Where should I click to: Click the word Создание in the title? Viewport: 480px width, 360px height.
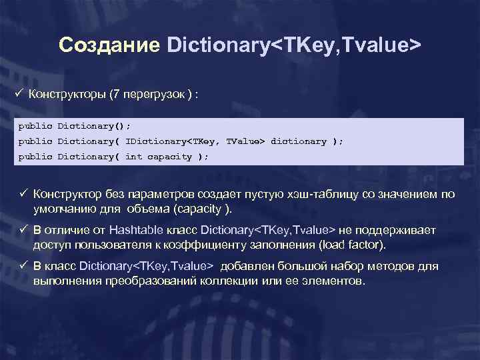[x=109, y=45]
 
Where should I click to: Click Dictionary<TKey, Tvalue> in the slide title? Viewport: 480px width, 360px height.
[x=293, y=45]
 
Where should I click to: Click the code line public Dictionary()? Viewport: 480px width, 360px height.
[x=75, y=125]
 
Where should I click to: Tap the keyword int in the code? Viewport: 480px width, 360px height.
[x=133, y=157]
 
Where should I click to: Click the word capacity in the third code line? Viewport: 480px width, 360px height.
[x=169, y=157]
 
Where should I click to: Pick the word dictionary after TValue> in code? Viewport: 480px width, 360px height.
[x=298, y=141]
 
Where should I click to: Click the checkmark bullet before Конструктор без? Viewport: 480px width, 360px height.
[x=25, y=193]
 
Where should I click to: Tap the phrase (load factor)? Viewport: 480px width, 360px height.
[x=352, y=245]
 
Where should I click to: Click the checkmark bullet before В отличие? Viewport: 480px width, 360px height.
[x=25, y=229]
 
